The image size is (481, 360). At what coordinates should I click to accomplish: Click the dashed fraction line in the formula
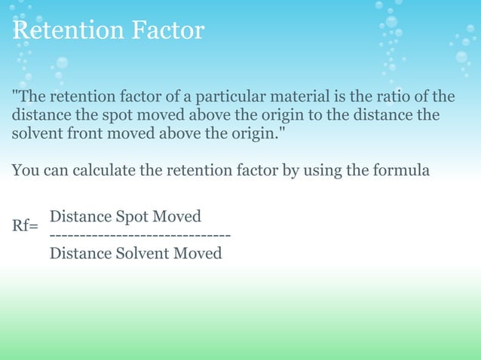click(x=140, y=235)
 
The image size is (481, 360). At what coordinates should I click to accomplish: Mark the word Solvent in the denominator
click(x=140, y=253)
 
